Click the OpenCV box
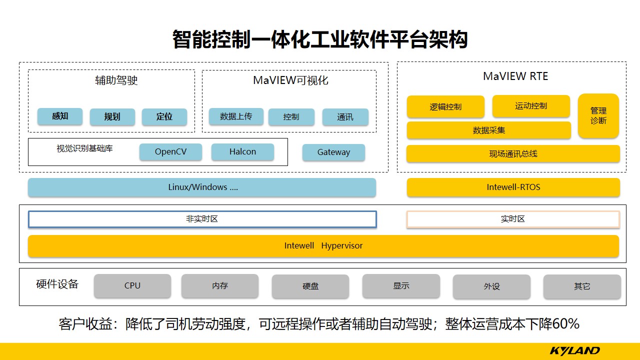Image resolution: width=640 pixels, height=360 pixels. coord(170,152)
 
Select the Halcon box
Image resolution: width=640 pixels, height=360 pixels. coord(242,152)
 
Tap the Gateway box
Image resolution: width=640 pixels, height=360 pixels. coord(333,152)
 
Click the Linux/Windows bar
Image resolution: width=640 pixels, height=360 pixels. coord(202,187)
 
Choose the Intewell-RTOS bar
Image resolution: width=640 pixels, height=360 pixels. coord(513,187)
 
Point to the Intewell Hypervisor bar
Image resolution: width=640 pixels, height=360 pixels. coord(323,246)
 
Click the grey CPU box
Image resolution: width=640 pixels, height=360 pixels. coord(132,286)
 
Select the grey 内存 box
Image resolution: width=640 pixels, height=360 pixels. coord(220,286)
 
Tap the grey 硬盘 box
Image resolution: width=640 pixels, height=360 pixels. coord(310,286)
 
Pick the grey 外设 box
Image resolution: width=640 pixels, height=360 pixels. coord(491,286)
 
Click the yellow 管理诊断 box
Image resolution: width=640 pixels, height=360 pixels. coord(598,115)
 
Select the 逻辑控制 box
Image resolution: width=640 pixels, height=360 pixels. coord(445,107)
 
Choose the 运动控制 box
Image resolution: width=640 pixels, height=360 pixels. coord(531,106)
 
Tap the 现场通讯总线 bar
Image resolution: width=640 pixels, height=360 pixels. coord(513,154)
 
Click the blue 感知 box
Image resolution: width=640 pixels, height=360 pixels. coord(60,116)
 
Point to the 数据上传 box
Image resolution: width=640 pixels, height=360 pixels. coord(236,116)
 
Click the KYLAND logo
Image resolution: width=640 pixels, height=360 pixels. coord(574,350)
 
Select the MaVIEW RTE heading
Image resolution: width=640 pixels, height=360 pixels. coord(515,76)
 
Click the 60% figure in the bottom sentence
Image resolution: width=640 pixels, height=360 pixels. coord(566,324)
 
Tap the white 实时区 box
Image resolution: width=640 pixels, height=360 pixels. coord(513,219)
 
